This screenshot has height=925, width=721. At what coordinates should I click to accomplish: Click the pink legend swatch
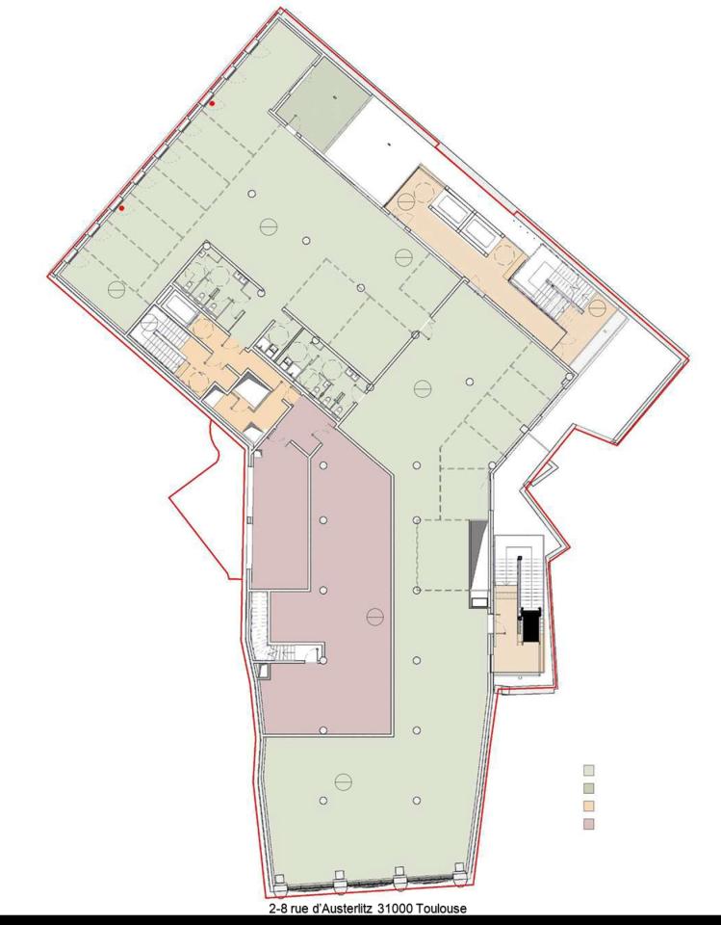tap(590, 824)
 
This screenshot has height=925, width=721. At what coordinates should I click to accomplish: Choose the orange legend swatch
tap(590, 806)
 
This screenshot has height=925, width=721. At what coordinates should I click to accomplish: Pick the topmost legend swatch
tap(590, 769)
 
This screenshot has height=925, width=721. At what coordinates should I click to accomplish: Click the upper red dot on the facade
tap(212, 103)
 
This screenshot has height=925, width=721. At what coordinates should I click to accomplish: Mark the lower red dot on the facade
tap(122, 207)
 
